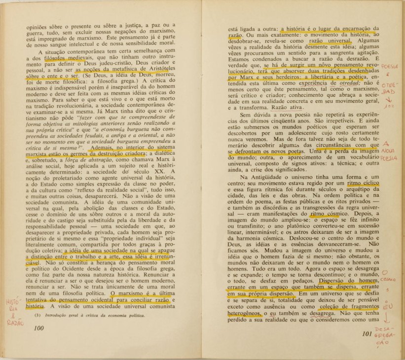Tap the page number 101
[x=367, y=334]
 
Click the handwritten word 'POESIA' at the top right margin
[x=390, y=66]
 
